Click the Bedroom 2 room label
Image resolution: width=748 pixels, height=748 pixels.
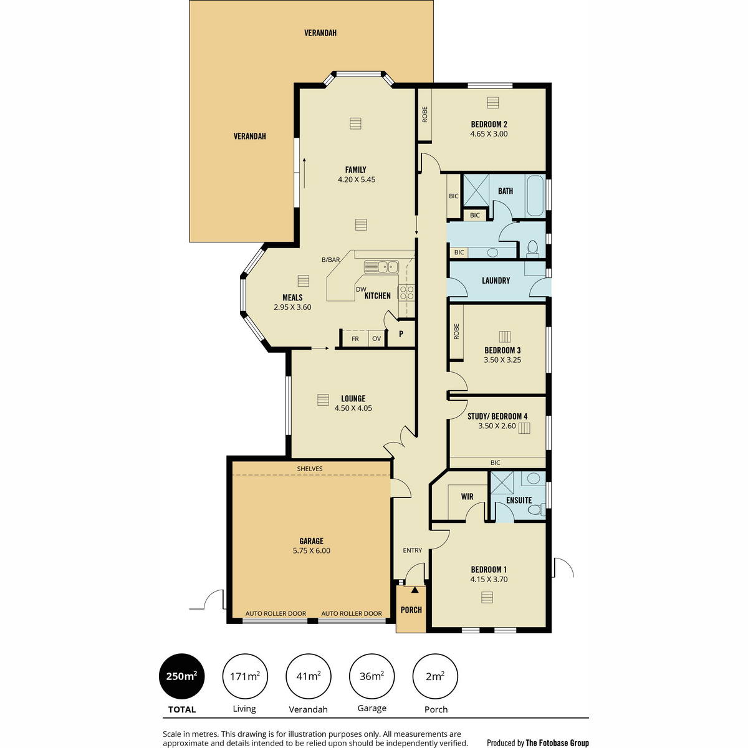pyautogui.click(x=489, y=124)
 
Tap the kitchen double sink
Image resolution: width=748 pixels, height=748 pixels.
pyautogui.click(x=381, y=267)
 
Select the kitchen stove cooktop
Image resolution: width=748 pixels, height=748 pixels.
pyautogui.click(x=406, y=292)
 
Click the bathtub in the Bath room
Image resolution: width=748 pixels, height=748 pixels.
pyautogui.click(x=535, y=196)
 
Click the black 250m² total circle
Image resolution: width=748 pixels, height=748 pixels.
pyautogui.click(x=181, y=676)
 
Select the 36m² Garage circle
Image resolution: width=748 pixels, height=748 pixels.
pyautogui.click(x=372, y=676)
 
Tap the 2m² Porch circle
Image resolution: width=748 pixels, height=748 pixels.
pyautogui.click(x=435, y=676)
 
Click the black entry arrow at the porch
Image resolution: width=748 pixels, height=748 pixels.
pyautogui.click(x=415, y=590)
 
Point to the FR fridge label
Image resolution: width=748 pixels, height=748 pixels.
pyautogui.click(x=355, y=339)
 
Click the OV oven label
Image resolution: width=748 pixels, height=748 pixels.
pyautogui.click(x=376, y=338)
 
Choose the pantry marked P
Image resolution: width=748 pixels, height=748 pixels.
pyautogui.click(x=401, y=333)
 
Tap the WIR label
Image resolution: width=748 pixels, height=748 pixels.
pyautogui.click(x=467, y=496)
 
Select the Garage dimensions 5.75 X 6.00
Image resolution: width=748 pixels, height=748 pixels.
pyautogui.click(x=311, y=550)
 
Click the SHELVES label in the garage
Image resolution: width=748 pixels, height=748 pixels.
pyautogui.click(x=309, y=469)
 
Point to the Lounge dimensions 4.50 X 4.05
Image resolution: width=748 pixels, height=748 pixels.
pyautogui.click(x=353, y=408)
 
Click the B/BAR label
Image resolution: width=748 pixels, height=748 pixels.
pyautogui.click(x=331, y=260)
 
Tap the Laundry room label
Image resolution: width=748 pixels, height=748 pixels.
pyautogui.click(x=496, y=280)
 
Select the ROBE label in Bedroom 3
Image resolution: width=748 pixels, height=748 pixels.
pyautogui.click(x=456, y=332)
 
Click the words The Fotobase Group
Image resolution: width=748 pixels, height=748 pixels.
pyautogui.click(x=557, y=732)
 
